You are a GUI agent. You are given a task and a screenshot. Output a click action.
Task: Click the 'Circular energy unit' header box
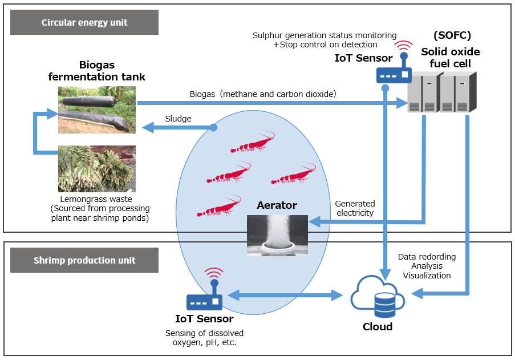pos(84,23)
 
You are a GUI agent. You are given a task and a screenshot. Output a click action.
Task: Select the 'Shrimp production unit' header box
pos(84,260)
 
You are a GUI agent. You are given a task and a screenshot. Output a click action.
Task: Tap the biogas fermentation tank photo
pos(97,110)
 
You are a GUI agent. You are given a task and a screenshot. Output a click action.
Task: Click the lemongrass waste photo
pos(97,168)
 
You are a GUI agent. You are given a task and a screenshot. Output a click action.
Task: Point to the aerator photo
pos(277,234)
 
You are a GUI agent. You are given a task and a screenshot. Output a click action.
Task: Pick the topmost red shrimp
pos(252,143)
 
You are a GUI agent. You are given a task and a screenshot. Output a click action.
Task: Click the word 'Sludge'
pos(178,119)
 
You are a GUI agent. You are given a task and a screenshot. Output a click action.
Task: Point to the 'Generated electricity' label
pos(355,208)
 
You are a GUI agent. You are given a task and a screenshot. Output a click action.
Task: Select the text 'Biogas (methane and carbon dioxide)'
pos(263,94)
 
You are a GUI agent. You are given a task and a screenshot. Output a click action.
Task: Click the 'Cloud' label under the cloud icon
pos(378,327)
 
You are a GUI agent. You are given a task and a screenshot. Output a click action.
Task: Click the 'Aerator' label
pos(277,205)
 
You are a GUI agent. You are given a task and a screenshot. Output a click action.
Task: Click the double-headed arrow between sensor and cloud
pos(284,296)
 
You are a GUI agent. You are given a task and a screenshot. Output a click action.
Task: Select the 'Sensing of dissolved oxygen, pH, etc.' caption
pos(204,338)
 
